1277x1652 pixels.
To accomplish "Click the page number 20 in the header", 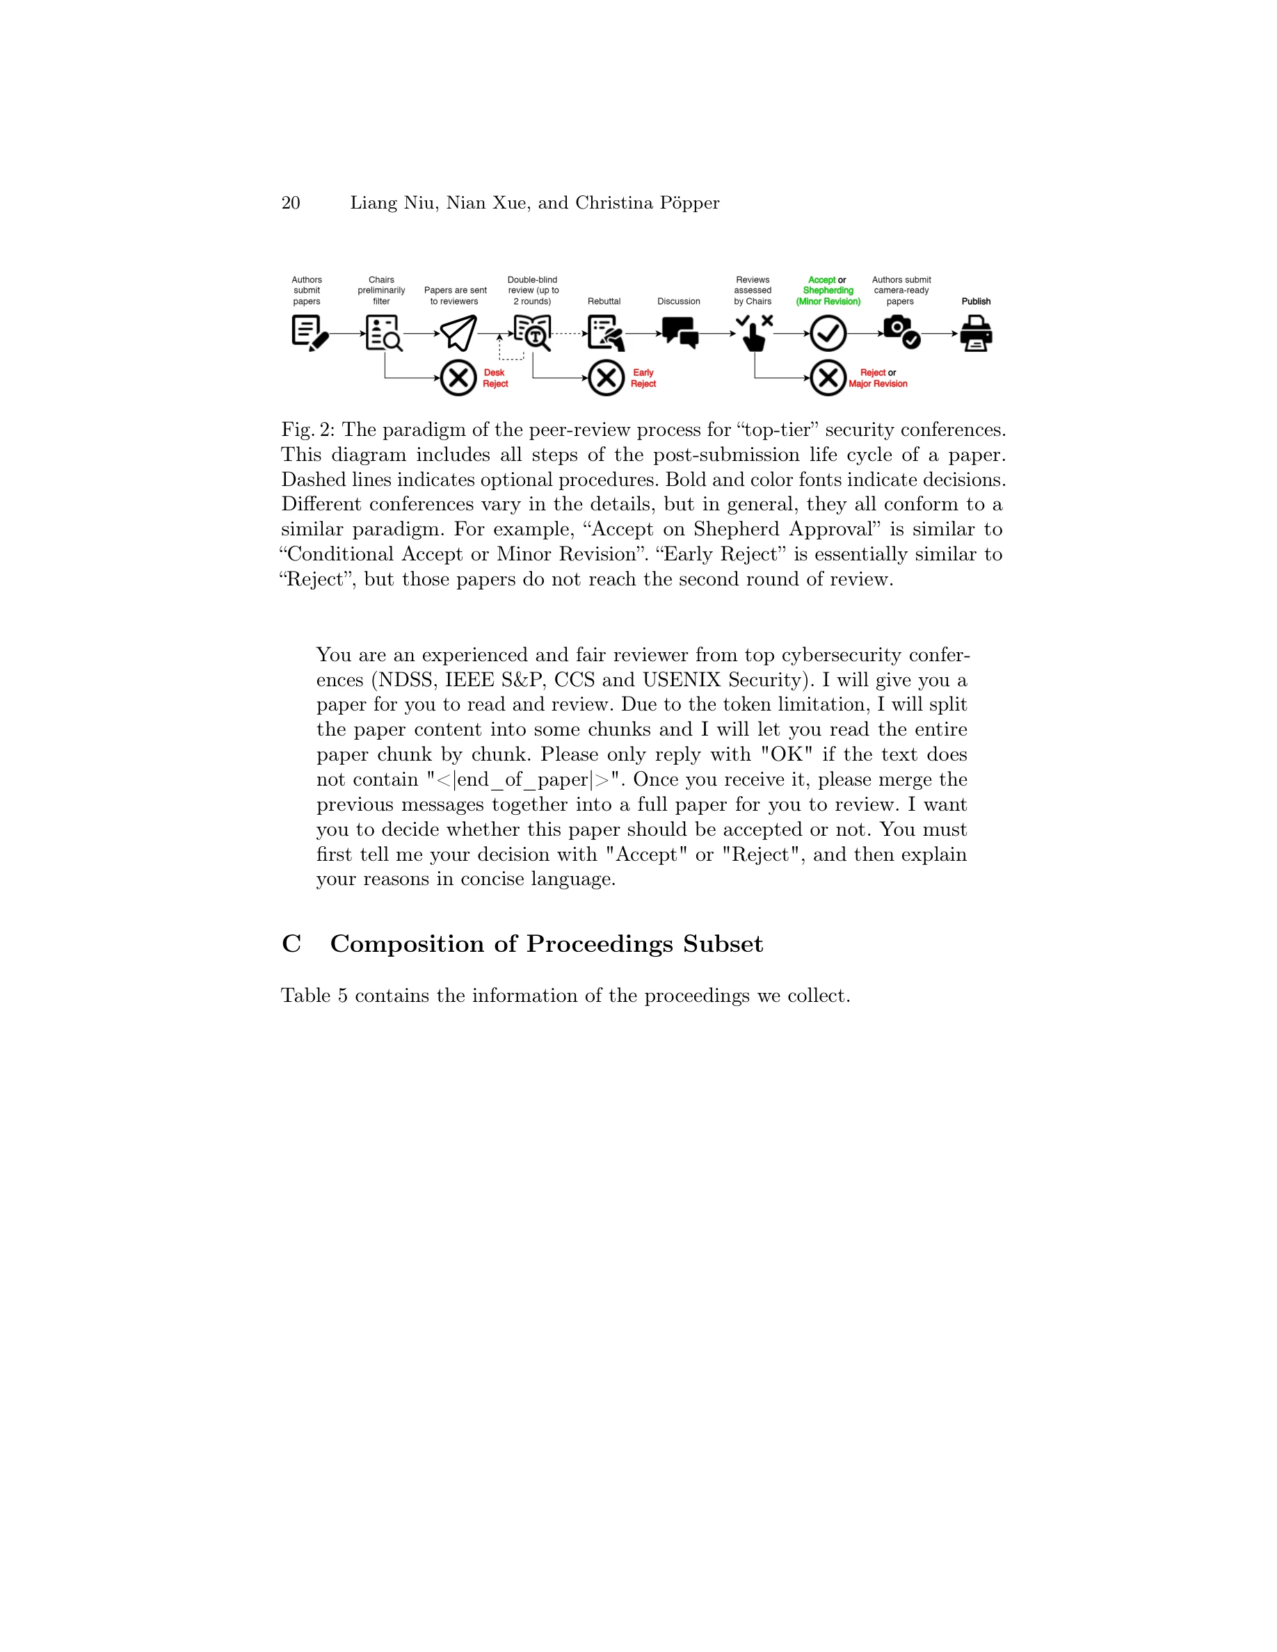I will pos(291,203).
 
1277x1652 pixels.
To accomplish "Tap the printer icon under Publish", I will pos(976,334).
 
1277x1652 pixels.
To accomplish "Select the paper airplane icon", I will pos(458,333).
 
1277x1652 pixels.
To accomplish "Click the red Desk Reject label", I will pos(495,378).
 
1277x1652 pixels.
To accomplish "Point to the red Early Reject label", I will pos(643,378).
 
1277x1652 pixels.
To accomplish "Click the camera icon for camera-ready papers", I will pos(901,332).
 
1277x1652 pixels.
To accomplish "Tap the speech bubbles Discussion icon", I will pos(680,332).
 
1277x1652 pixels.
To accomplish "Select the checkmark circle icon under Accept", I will pos(828,334).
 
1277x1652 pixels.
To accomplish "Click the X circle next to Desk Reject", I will pos(458,378).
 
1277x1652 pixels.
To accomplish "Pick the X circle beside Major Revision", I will pos(828,378).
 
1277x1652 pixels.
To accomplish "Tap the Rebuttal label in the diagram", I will pos(604,301).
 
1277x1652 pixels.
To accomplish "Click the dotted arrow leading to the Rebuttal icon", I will pos(569,334).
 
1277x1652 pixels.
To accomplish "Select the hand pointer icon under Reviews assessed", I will pos(753,334).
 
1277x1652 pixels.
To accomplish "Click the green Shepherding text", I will pos(828,291).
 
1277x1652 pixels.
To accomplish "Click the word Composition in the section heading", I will pos(407,944).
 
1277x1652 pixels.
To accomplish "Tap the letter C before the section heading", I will pos(291,944).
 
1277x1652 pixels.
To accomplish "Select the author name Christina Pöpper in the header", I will pos(647,203).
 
